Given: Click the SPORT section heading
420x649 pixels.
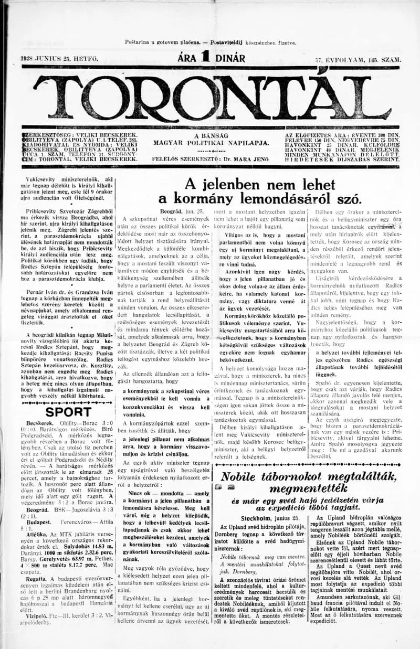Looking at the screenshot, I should pos(68,412).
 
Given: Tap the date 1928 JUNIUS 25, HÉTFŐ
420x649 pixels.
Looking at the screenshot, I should pos(59,60).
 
